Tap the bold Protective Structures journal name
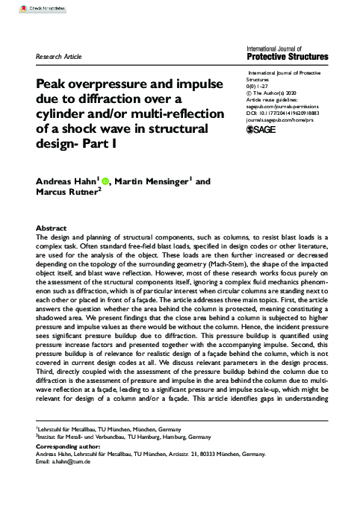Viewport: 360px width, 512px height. tap(287, 57)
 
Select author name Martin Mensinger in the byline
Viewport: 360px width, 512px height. tap(149, 181)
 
